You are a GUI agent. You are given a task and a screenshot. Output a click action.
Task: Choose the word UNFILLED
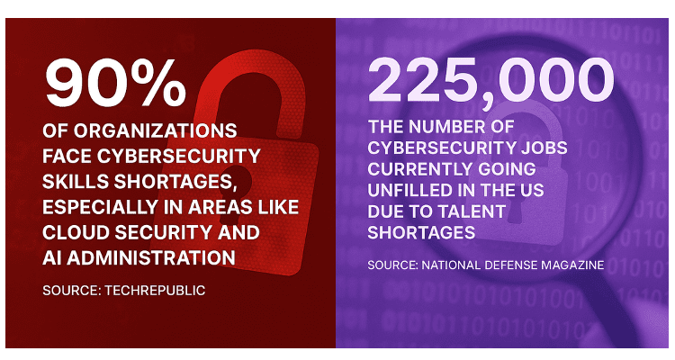417,192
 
